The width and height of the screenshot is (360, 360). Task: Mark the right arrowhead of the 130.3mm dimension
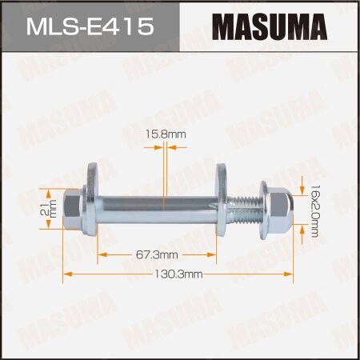[294, 274]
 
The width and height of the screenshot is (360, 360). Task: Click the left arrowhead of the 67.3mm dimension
[102, 255]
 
